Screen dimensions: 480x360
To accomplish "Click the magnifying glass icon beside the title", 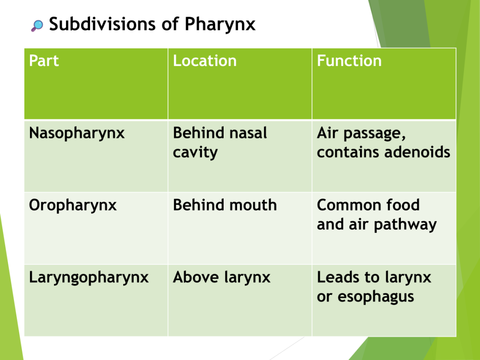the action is (x=37, y=26).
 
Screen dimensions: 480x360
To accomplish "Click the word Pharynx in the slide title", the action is (x=220, y=24).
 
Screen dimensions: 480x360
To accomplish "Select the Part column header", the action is (x=44, y=60).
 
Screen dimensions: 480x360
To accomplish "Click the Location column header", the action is (x=205, y=60).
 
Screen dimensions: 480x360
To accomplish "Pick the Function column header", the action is (x=349, y=60).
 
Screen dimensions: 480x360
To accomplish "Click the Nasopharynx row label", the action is (x=77, y=134).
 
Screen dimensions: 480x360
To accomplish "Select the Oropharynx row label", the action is (x=73, y=206).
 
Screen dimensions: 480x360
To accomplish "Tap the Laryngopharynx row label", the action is (x=89, y=278).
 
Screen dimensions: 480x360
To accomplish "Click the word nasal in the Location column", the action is (x=248, y=133).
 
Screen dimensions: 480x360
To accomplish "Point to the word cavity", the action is (x=195, y=153).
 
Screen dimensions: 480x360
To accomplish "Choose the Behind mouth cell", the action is (x=225, y=205).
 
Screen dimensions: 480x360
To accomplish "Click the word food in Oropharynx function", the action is (x=403, y=205).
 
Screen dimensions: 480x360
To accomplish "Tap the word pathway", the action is (x=405, y=225).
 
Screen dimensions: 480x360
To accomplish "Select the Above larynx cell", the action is (x=222, y=278).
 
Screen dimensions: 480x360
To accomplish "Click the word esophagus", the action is (x=376, y=297).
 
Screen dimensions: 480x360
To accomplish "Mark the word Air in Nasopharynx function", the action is (x=328, y=133).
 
